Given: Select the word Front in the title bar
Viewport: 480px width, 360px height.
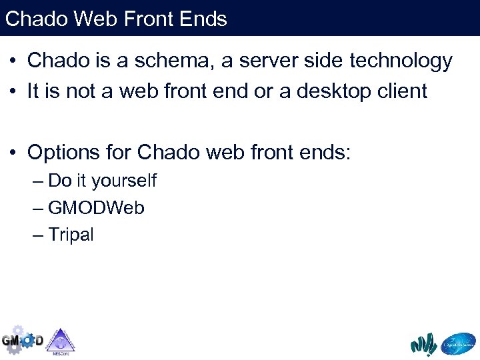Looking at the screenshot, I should click(x=152, y=18).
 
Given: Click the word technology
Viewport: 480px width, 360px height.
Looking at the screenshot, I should click(x=397, y=61).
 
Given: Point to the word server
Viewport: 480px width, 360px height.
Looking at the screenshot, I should click(x=281, y=61).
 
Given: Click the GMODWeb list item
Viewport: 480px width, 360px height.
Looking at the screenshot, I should click(x=96, y=208).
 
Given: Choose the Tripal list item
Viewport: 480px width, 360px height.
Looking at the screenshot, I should click(x=71, y=235).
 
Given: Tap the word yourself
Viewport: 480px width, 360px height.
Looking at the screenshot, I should click(x=124, y=181).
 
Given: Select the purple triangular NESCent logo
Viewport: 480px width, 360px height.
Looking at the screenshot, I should click(x=61, y=340).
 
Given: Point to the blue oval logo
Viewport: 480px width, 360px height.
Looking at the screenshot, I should click(x=458, y=343).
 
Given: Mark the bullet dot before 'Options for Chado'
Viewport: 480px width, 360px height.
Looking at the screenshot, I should click(x=13, y=153).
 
